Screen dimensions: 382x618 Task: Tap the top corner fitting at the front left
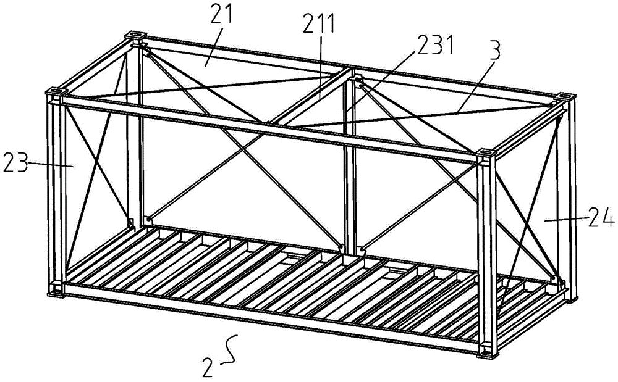(54, 93)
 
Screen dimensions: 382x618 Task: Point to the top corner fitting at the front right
(486, 152)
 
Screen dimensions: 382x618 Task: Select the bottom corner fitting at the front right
(486, 352)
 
